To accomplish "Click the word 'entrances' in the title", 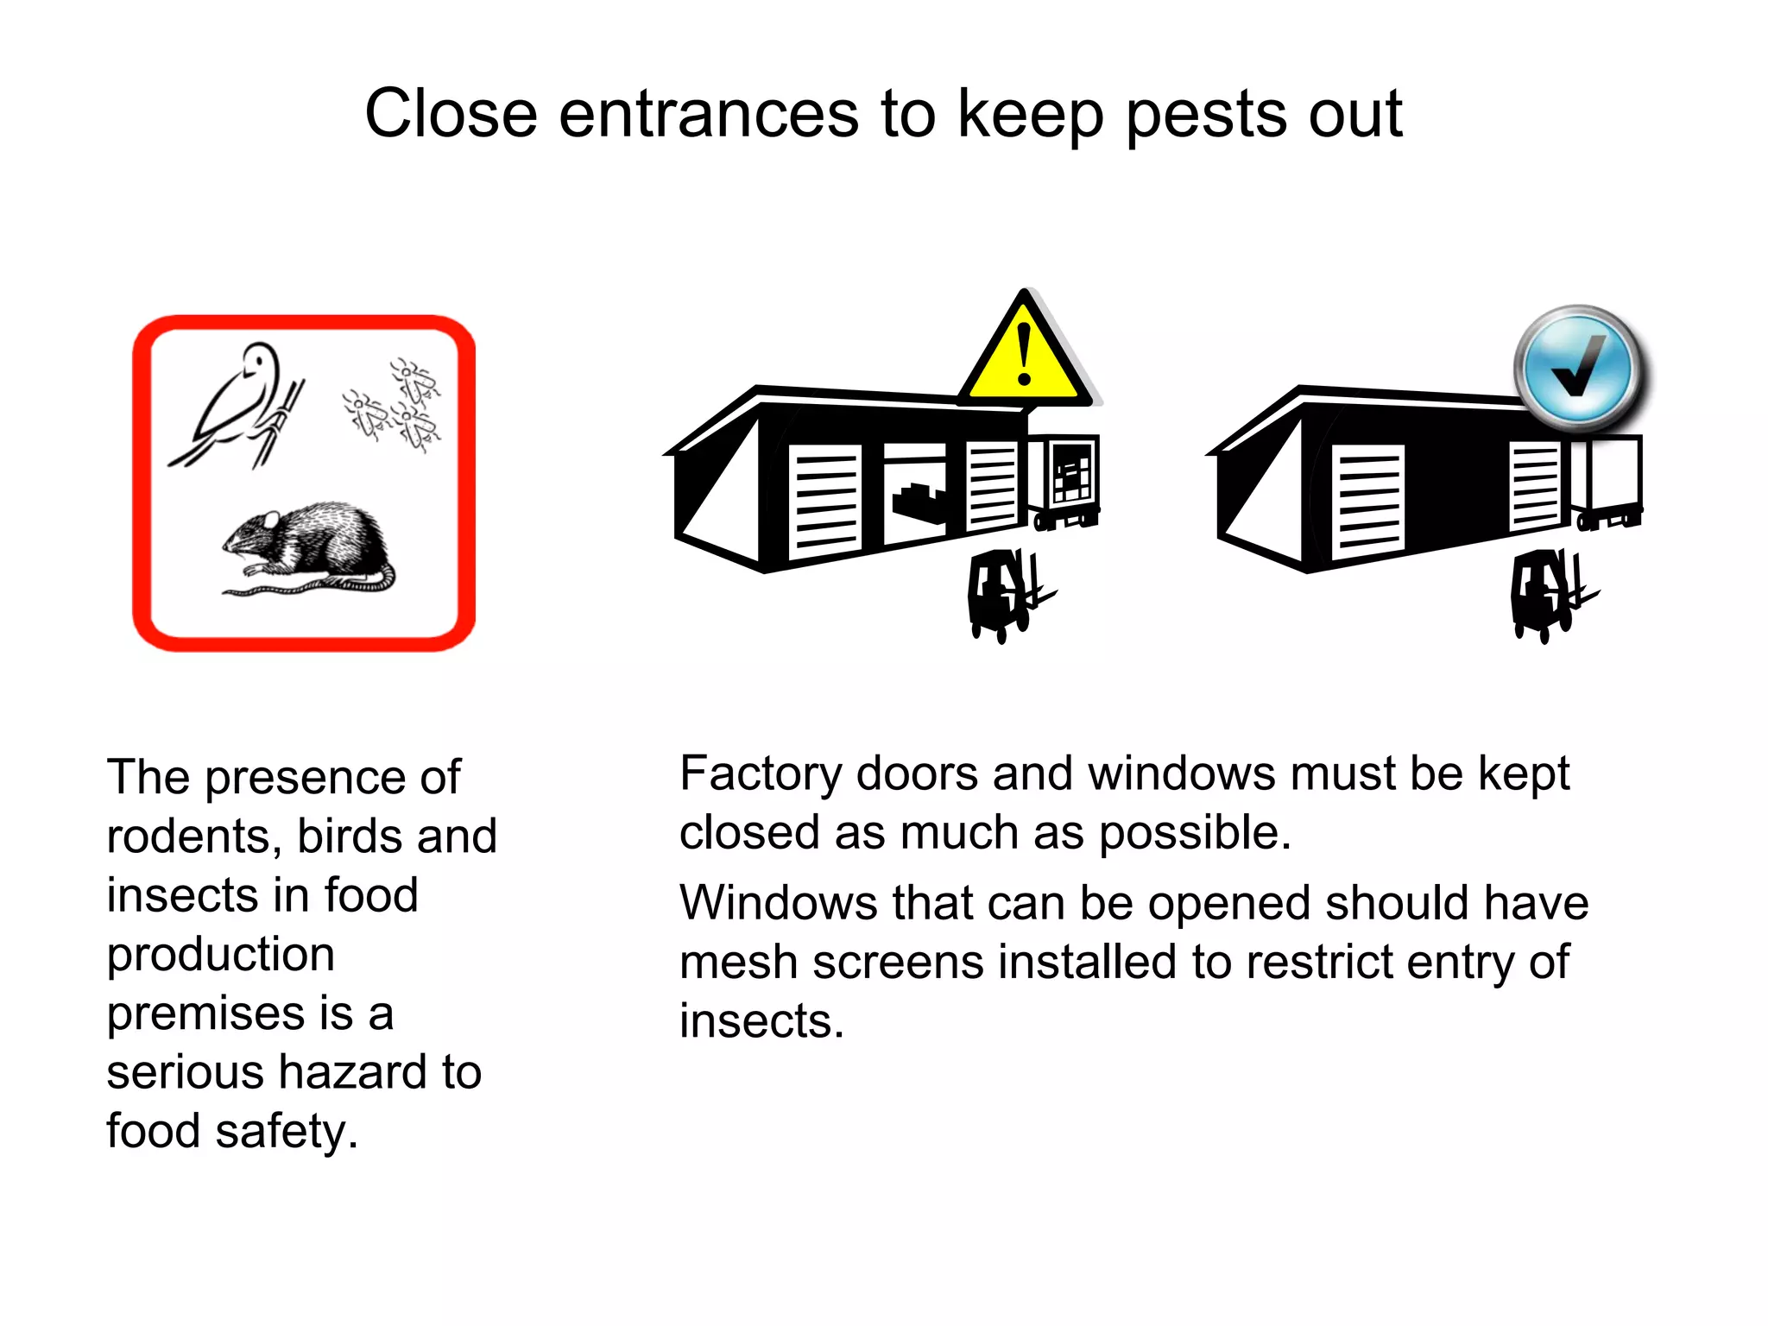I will tap(708, 114).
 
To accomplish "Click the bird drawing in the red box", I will tap(238, 402).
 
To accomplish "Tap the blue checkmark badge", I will tap(1579, 369).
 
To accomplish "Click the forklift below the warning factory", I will tap(1006, 594).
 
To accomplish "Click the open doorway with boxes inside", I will tap(915, 497).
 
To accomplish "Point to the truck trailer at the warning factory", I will tap(1067, 480).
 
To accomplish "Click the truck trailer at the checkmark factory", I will tap(1607, 480).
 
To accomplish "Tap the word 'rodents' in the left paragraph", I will tap(195, 837).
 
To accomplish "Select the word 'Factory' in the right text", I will tap(760, 774).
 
